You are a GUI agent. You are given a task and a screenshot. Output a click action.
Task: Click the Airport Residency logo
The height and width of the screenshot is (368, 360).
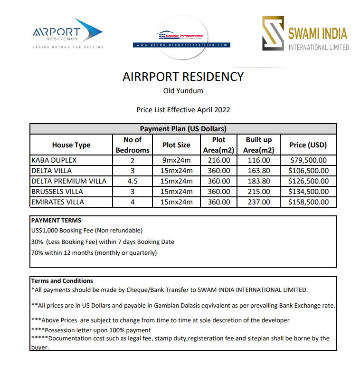tap(67, 33)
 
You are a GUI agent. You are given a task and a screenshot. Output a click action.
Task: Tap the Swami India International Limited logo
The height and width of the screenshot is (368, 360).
tap(305, 34)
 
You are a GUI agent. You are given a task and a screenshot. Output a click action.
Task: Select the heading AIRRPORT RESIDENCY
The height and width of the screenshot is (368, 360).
tap(183, 77)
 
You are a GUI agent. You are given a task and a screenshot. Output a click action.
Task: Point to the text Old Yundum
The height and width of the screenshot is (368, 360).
tap(183, 91)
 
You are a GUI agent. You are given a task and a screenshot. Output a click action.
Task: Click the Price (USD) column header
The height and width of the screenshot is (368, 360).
tap(308, 145)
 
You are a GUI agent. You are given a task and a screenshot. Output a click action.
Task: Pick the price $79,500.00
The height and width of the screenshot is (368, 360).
tap(308, 160)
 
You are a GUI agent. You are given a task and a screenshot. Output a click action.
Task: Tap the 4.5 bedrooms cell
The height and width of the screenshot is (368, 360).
tap(133, 181)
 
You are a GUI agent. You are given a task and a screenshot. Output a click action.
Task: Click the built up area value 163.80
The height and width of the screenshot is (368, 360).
tap(258, 171)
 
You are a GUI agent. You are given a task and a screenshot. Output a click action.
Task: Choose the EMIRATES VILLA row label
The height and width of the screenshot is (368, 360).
tap(57, 202)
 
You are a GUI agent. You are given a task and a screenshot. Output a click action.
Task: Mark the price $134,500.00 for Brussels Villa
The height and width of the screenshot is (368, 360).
tap(308, 192)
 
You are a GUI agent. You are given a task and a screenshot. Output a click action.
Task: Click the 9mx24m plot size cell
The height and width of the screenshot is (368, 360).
tap(176, 160)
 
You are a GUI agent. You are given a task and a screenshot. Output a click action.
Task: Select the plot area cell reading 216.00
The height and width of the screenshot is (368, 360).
tap(218, 160)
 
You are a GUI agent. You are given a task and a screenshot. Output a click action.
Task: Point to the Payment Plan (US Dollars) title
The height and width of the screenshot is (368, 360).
tap(183, 129)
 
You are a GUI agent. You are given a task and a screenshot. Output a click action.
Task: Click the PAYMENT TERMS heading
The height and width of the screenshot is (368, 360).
tap(56, 221)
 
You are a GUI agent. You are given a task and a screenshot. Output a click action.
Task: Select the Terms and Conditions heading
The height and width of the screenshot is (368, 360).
tap(62, 281)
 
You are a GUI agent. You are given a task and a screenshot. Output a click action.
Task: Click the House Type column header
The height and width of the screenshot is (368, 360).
tap(71, 145)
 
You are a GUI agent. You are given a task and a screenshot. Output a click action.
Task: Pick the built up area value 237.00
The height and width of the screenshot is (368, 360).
tap(258, 202)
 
